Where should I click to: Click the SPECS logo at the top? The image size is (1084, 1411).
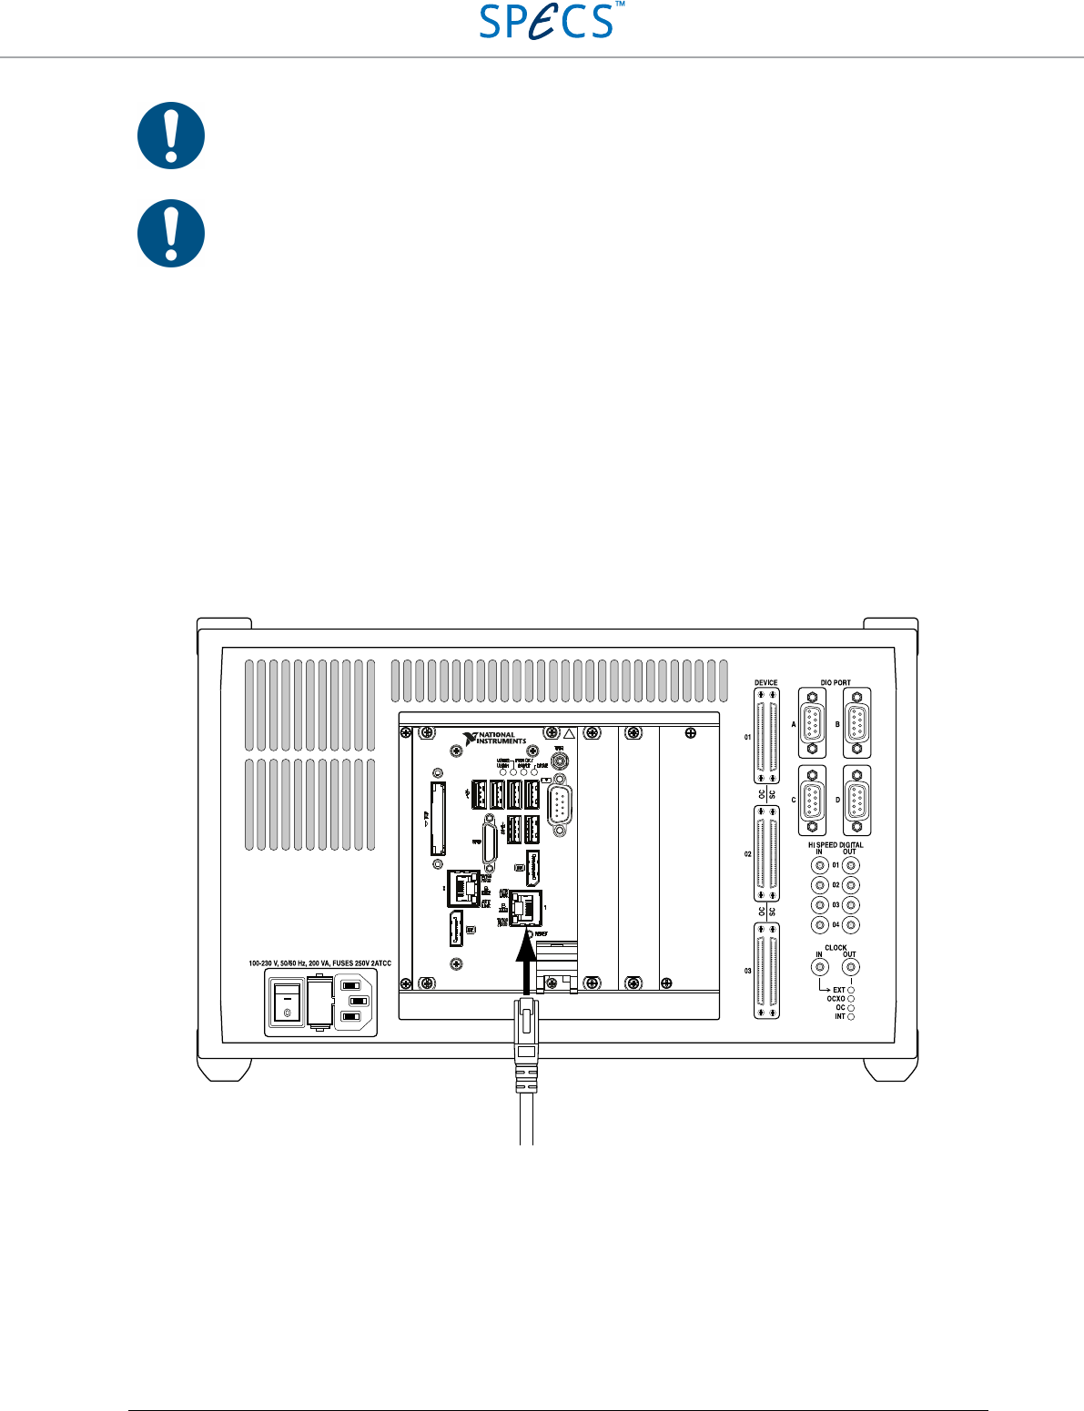coord(547,21)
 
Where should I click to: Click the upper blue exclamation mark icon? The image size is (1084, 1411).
coord(171,136)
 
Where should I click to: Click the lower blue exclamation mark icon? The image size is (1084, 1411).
coord(171,233)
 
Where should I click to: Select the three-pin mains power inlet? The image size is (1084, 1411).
coord(356,1001)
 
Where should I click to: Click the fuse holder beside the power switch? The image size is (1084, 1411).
coord(319,1002)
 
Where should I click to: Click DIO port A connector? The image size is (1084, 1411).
coord(812,723)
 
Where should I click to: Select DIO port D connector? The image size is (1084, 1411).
coord(856,801)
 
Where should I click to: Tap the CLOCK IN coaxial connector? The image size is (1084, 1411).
coord(819,968)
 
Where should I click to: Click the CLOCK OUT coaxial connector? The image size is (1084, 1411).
coord(851,968)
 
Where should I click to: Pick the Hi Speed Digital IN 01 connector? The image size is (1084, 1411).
coord(819,865)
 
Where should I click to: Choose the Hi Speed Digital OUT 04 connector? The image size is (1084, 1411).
coord(851,925)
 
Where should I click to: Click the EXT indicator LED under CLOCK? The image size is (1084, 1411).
coord(851,990)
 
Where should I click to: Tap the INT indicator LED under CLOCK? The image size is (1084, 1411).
coord(851,1017)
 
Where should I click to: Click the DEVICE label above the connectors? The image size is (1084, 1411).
coord(766,683)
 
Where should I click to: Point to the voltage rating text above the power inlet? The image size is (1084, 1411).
coord(319,963)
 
